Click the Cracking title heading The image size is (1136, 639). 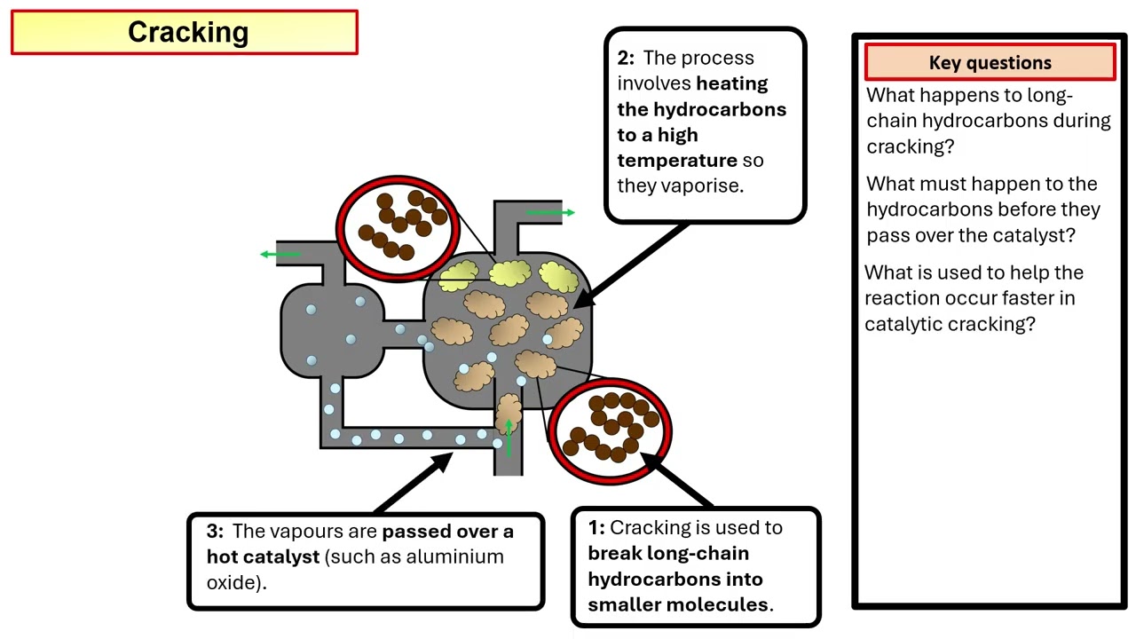pyautogui.click(x=187, y=32)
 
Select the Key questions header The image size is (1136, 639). pyautogui.click(x=990, y=63)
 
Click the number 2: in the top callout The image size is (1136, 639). pyautogui.click(x=627, y=59)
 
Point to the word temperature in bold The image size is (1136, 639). pyautogui.click(x=677, y=161)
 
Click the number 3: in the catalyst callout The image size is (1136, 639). pyautogui.click(x=216, y=532)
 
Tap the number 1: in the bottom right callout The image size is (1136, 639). pyautogui.click(x=596, y=528)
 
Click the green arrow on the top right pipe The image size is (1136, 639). pyautogui.click(x=550, y=213)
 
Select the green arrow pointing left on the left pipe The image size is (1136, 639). pyautogui.click(x=280, y=255)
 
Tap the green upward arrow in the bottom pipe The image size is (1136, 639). pyautogui.click(x=509, y=437)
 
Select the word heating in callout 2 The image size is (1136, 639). pyautogui.click(x=732, y=84)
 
